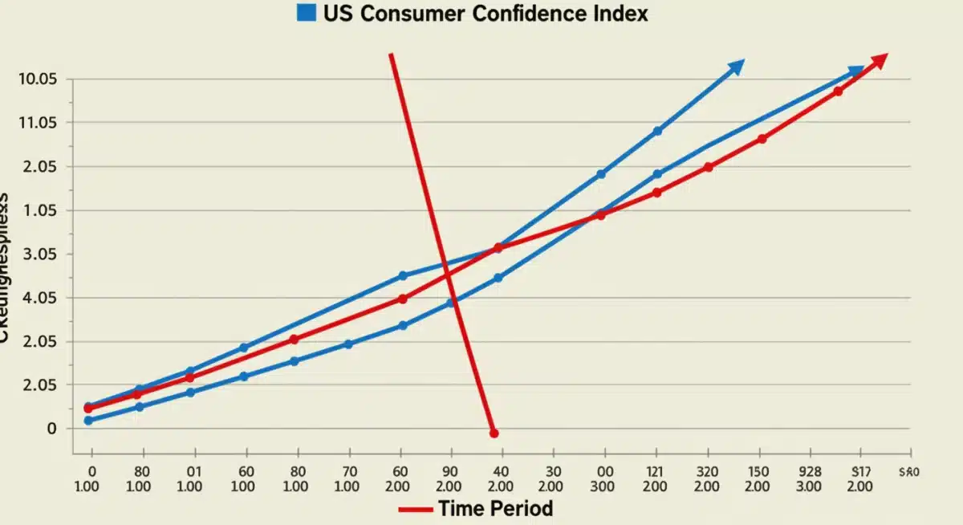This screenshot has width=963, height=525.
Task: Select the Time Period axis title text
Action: pos(495,508)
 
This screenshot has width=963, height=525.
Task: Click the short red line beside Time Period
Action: pos(415,509)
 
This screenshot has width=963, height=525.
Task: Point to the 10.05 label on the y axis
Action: pos(37,79)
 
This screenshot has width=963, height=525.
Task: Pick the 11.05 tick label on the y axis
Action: pos(37,123)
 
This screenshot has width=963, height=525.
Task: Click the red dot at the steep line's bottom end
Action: pos(494,433)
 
